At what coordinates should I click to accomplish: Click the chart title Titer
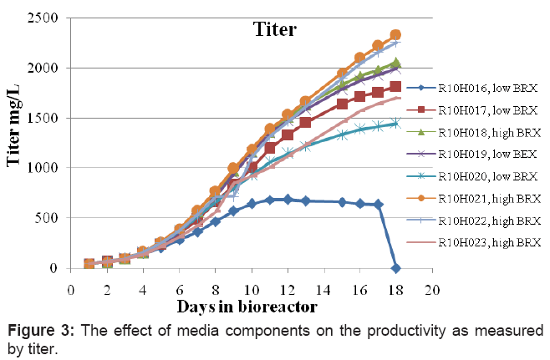pos(275,31)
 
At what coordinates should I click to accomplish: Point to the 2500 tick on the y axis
pos(57,17)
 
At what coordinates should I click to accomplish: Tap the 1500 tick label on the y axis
pos(57,118)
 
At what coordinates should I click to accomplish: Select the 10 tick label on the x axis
pos(251,288)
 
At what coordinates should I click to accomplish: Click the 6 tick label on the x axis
pos(180,288)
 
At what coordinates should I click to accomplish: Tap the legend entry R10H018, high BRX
pos(491,133)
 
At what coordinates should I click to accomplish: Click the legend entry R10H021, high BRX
pos(491,199)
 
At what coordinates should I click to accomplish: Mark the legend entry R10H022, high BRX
pos(491,221)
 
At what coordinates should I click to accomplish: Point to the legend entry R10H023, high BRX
pos(491,242)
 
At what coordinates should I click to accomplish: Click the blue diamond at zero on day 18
pos(396,268)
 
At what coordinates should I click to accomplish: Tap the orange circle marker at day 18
pos(396,35)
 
